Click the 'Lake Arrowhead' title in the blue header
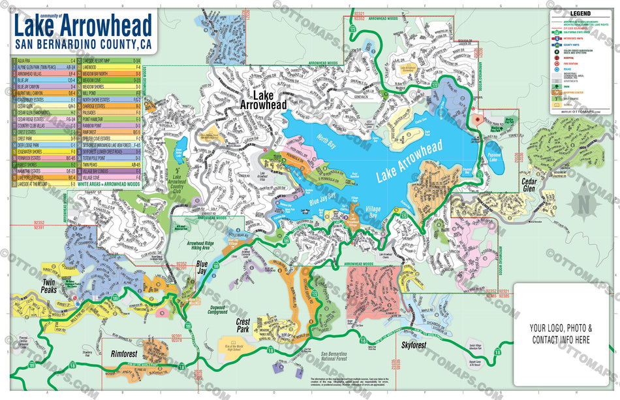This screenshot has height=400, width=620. [82, 26]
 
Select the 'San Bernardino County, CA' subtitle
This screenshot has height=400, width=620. [82, 45]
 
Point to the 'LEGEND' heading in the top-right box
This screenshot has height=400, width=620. [580, 13]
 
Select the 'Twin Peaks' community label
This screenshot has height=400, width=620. [50, 285]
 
